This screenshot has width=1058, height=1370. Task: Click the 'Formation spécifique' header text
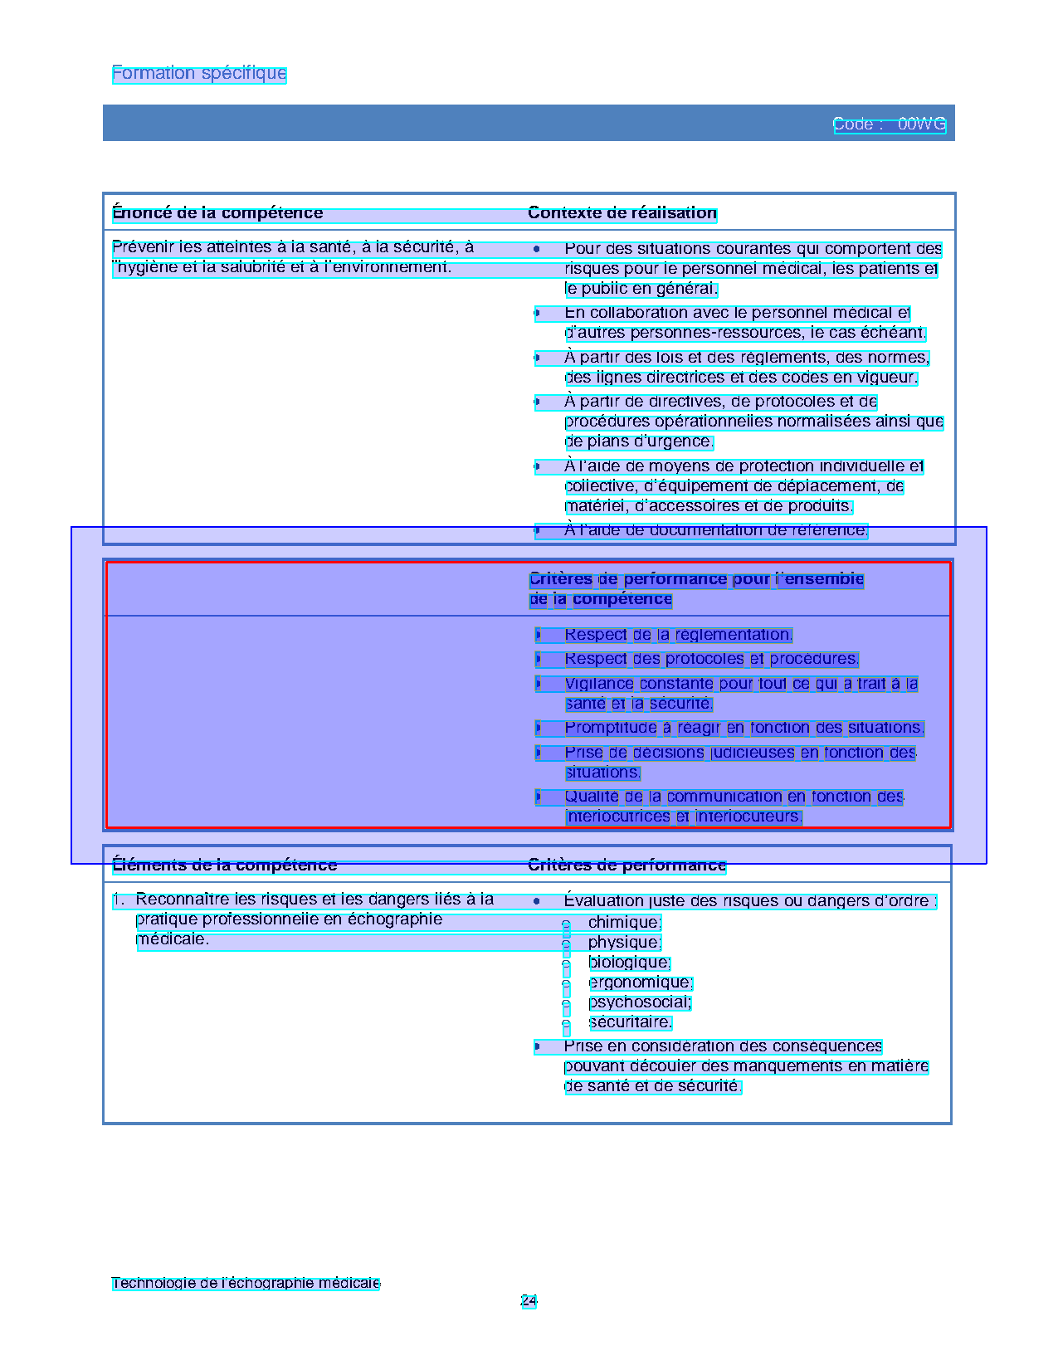(x=199, y=74)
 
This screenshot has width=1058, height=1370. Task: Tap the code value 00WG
(x=921, y=124)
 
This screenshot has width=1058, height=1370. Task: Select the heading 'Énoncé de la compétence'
(x=217, y=213)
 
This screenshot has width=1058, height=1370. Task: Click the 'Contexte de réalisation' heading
(x=622, y=213)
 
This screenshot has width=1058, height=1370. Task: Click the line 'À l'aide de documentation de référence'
(x=715, y=530)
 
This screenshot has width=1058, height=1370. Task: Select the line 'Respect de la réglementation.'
(x=678, y=635)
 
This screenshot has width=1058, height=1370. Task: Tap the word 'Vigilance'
(x=599, y=684)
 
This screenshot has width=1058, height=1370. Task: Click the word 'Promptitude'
(x=611, y=728)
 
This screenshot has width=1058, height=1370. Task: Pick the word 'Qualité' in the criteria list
(x=592, y=797)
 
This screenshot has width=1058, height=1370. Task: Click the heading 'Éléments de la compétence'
(x=225, y=865)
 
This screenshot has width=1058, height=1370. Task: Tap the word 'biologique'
(x=629, y=963)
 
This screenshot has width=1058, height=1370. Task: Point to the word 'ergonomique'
(x=640, y=982)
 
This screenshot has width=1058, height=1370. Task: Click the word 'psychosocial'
(x=639, y=1002)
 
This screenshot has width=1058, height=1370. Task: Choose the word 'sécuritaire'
(x=630, y=1022)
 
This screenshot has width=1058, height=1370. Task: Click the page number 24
(x=529, y=1301)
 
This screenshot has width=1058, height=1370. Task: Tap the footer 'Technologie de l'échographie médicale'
(x=246, y=1284)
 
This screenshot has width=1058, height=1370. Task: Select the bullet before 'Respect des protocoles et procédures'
(x=538, y=660)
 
